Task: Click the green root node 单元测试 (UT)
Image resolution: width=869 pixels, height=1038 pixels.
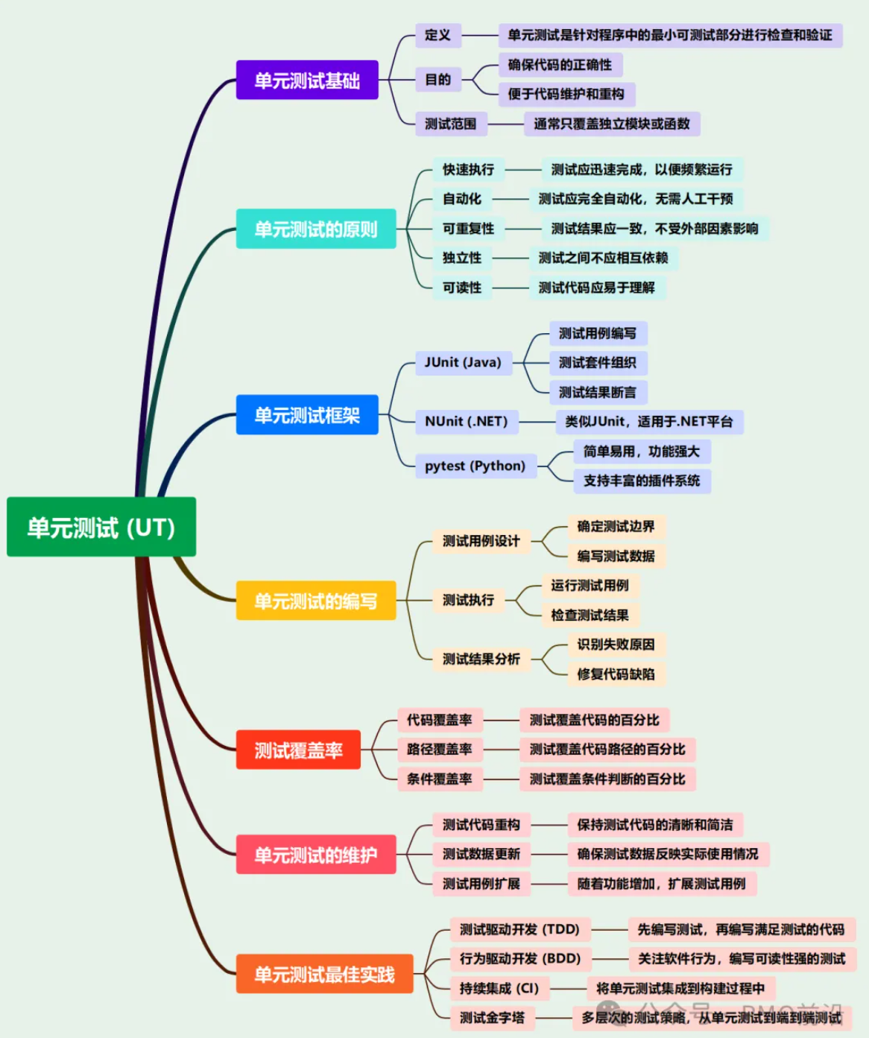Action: point(101,527)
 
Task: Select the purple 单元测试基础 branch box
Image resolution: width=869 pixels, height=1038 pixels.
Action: point(307,80)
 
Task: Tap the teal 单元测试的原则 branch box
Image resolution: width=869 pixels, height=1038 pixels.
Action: point(316,229)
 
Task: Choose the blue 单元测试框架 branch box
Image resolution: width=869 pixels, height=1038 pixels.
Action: point(307,415)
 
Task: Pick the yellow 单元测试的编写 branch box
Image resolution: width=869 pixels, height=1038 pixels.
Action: point(316,601)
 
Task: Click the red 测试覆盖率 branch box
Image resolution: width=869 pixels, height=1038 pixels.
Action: point(298,750)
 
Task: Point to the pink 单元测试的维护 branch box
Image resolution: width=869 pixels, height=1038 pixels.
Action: point(316,855)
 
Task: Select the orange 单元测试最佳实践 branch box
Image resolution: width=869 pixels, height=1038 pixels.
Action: point(324,974)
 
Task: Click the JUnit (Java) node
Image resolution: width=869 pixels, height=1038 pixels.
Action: point(463,363)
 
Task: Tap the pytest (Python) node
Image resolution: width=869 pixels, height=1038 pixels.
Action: point(475,466)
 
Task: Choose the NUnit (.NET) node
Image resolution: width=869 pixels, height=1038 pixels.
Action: point(466,422)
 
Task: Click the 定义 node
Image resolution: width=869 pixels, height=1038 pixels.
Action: point(437,35)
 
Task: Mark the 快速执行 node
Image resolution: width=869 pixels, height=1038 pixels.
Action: point(468,170)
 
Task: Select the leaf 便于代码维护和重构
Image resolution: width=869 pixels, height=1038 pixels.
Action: point(566,94)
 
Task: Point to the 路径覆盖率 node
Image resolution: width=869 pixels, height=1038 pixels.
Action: point(439,750)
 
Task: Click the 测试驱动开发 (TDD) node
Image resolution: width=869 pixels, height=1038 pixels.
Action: point(519,929)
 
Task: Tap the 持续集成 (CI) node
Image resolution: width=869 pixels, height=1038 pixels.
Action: point(499,988)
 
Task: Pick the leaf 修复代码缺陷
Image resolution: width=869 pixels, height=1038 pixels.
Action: point(616,674)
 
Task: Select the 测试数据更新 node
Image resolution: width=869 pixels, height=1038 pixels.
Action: point(481,854)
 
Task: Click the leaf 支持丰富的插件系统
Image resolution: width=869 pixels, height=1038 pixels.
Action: point(642,481)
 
